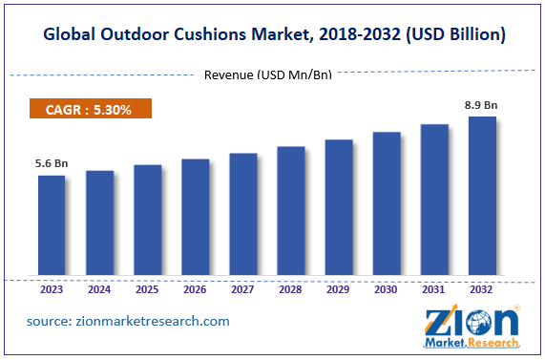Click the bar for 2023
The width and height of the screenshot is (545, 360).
point(52,226)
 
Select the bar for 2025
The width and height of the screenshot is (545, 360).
point(147,221)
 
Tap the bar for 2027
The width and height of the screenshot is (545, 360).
point(242,215)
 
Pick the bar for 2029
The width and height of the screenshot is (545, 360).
point(339,208)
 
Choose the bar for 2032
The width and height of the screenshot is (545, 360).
point(482,197)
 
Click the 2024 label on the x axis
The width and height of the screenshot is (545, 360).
point(99,289)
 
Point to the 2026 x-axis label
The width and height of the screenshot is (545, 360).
point(195,289)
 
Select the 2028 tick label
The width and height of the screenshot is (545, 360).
point(290,289)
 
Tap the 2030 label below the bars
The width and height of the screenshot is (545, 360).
point(387,289)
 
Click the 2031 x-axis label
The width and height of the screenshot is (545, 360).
point(434,289)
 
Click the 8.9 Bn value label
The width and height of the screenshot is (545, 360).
point(482,103)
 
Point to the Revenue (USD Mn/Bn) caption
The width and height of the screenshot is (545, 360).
point(268,74)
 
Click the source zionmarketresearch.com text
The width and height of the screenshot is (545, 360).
point(128,321)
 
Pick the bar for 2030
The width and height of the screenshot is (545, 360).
point(387,204)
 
